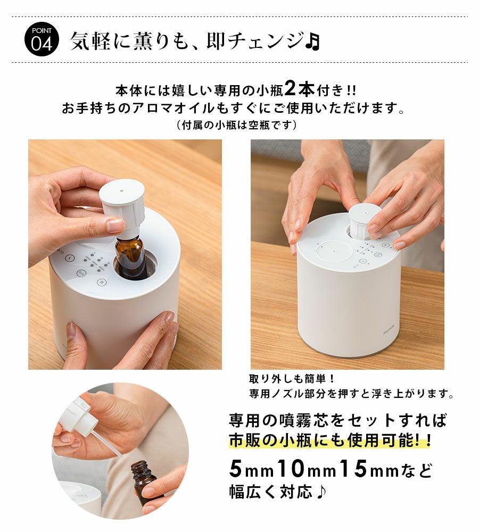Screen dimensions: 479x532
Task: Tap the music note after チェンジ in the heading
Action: click(312, 41)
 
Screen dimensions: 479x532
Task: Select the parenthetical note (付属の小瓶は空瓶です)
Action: click(237, 125)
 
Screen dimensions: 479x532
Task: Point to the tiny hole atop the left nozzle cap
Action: click(121, 190)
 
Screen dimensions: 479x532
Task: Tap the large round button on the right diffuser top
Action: click(334, 252)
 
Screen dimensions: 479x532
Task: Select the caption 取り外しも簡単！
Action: click(292, 378)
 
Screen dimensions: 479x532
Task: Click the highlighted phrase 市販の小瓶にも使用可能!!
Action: click(330, 440)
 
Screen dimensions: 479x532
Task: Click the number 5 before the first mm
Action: click(235, 468)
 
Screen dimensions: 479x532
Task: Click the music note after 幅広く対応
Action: click(320, 492)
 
